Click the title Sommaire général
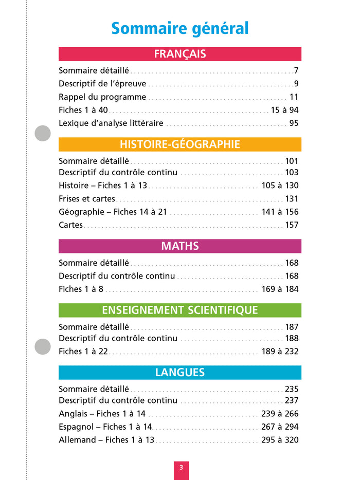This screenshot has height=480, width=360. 180,28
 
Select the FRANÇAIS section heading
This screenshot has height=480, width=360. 180,54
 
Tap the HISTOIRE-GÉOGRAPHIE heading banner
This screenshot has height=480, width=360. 180,144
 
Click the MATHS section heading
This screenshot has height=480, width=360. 180,246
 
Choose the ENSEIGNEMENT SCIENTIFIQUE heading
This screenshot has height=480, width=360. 180,310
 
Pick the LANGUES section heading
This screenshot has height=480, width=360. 180,373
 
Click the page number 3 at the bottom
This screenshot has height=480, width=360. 181,468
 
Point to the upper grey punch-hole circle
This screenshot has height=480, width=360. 43,134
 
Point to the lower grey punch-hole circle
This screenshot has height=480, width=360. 43,346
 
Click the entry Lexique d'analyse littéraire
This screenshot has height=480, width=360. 111,123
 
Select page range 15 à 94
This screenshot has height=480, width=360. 284,110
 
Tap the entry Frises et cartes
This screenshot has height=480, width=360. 87,199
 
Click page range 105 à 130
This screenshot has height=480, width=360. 280,186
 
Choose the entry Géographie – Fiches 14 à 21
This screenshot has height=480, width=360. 113,212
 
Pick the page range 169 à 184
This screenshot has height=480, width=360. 280,289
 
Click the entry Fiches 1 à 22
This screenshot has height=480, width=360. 83,352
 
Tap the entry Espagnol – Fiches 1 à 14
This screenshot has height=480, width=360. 105,427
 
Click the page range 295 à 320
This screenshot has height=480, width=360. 280,440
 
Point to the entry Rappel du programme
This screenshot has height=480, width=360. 102,97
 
